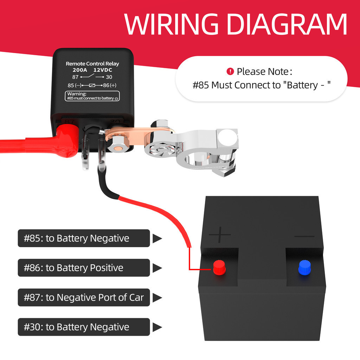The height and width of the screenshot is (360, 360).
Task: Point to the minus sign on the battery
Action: click(x=304, y=236)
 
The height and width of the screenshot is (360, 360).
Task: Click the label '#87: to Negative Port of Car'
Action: click(x=84, y=297)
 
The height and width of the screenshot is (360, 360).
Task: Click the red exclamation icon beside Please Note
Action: click(x=230, y=72)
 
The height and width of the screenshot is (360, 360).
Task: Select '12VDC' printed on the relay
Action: click(x=103, y=70)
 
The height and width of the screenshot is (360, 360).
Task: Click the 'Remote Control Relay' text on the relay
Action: click(x=92, y=64)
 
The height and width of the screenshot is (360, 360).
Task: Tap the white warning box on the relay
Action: click(x=93, y=96)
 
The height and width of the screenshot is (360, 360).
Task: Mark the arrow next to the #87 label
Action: click(x=157, y=297)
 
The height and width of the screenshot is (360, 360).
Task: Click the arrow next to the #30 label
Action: click(x=157, y=327)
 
